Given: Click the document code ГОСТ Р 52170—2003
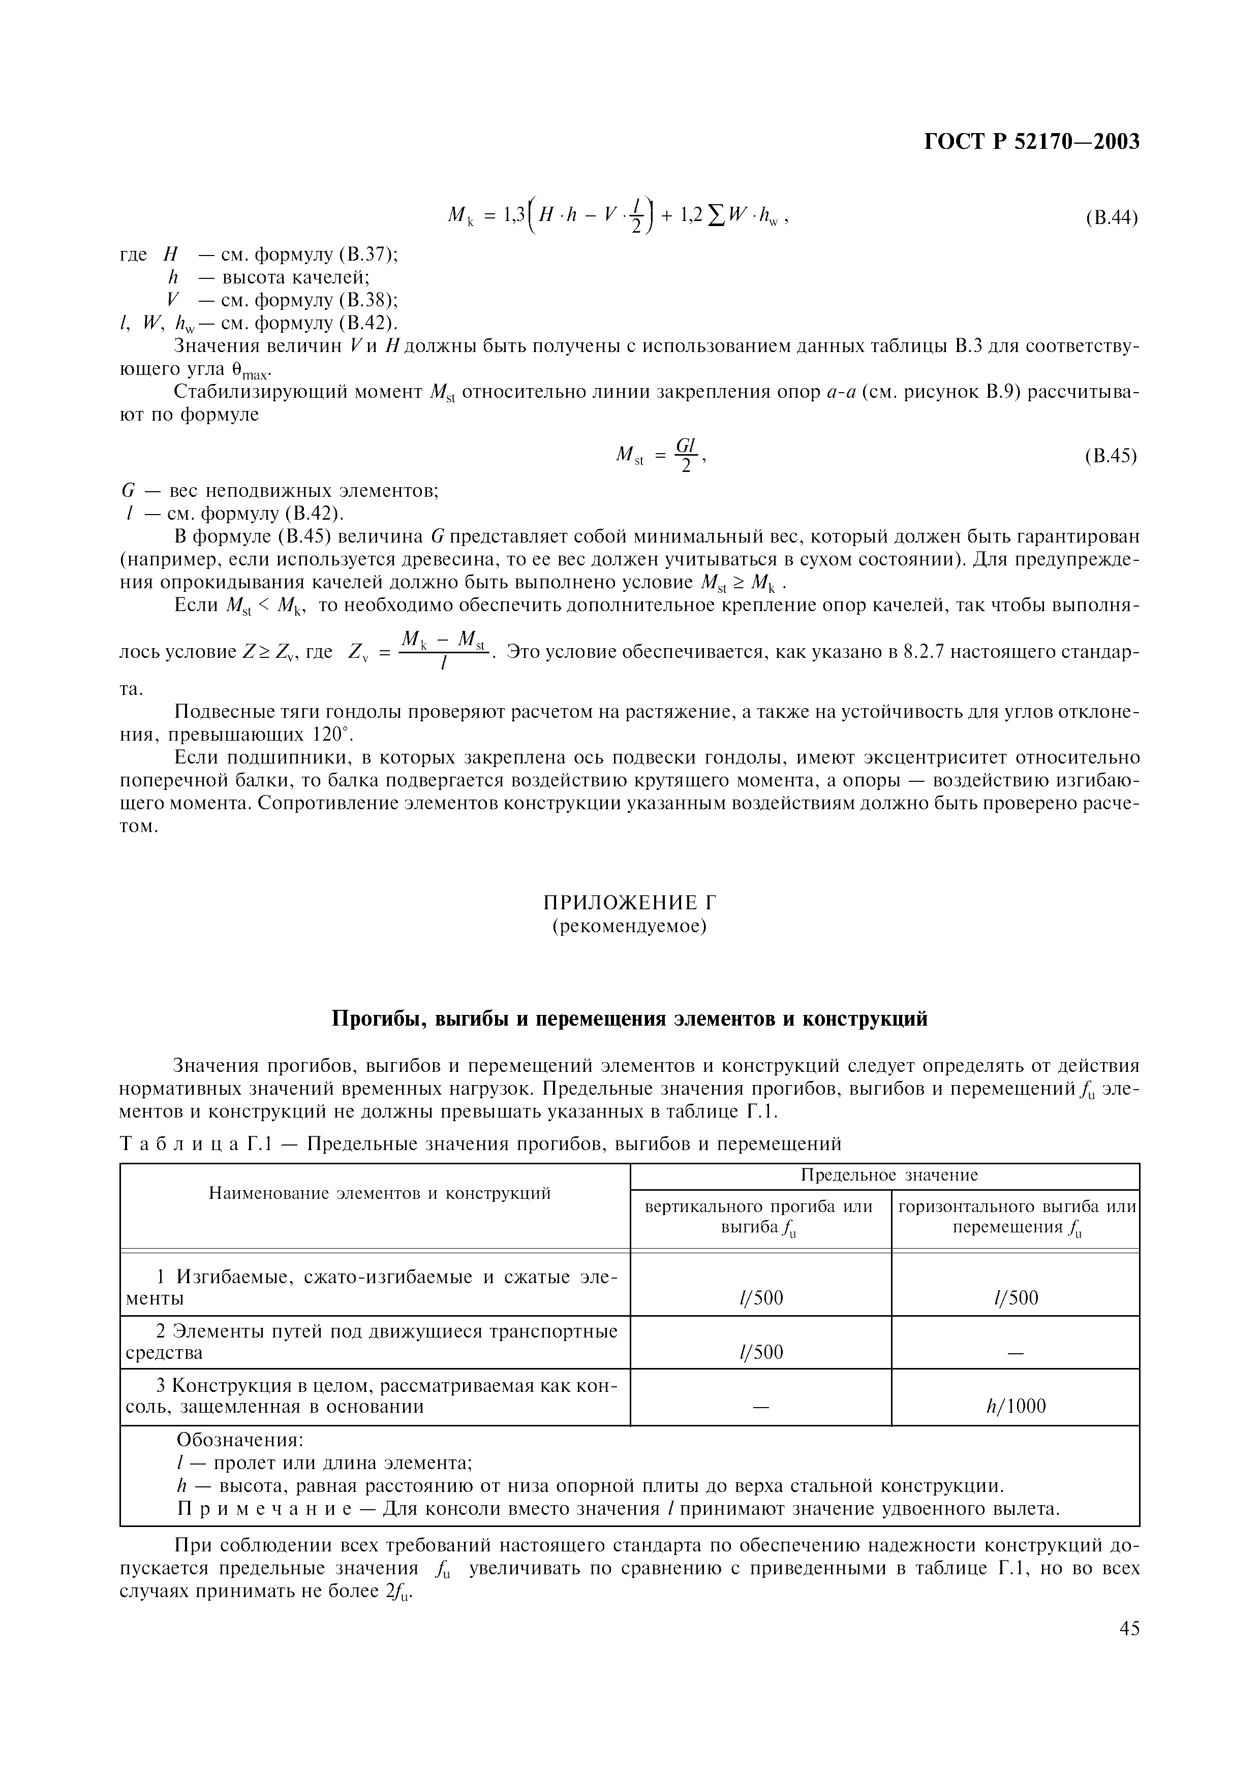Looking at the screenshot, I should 1032,142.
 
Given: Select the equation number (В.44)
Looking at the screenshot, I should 1111,218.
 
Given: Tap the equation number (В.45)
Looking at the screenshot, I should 1111,456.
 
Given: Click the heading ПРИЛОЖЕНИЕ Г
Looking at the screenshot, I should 629,902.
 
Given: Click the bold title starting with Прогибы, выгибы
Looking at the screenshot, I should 630,1019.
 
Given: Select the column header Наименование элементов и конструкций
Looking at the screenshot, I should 380,1193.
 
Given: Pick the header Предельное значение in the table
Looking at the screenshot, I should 889,1175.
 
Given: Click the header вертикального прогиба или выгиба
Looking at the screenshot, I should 759,1216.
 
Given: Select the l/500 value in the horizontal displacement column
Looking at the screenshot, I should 1016,1298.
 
